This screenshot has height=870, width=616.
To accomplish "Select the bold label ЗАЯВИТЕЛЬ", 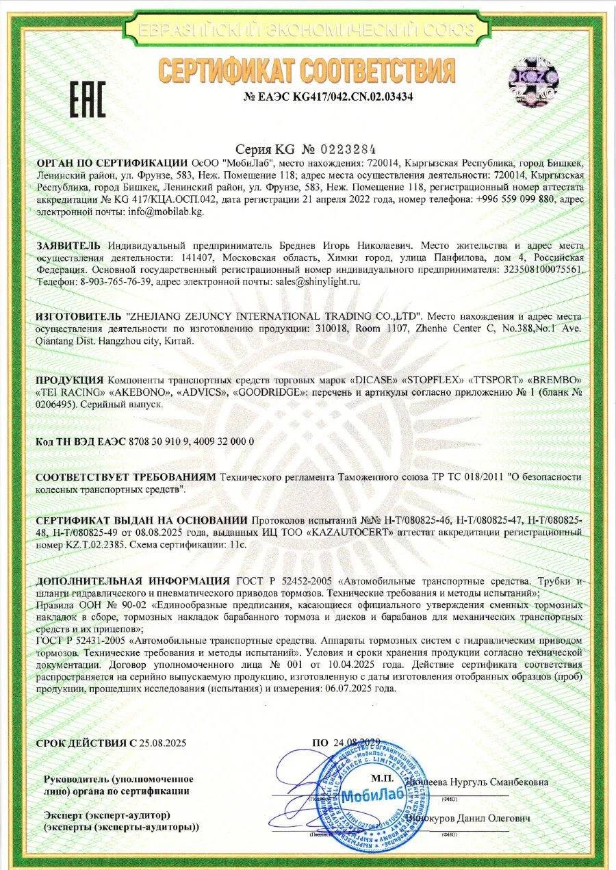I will pyautogui.click(x=68, y=246).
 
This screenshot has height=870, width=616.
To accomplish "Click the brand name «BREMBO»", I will pyautogui.click(x=555, y=380).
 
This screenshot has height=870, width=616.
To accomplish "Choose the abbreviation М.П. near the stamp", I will pyautogui.click(x=381, y=779).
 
